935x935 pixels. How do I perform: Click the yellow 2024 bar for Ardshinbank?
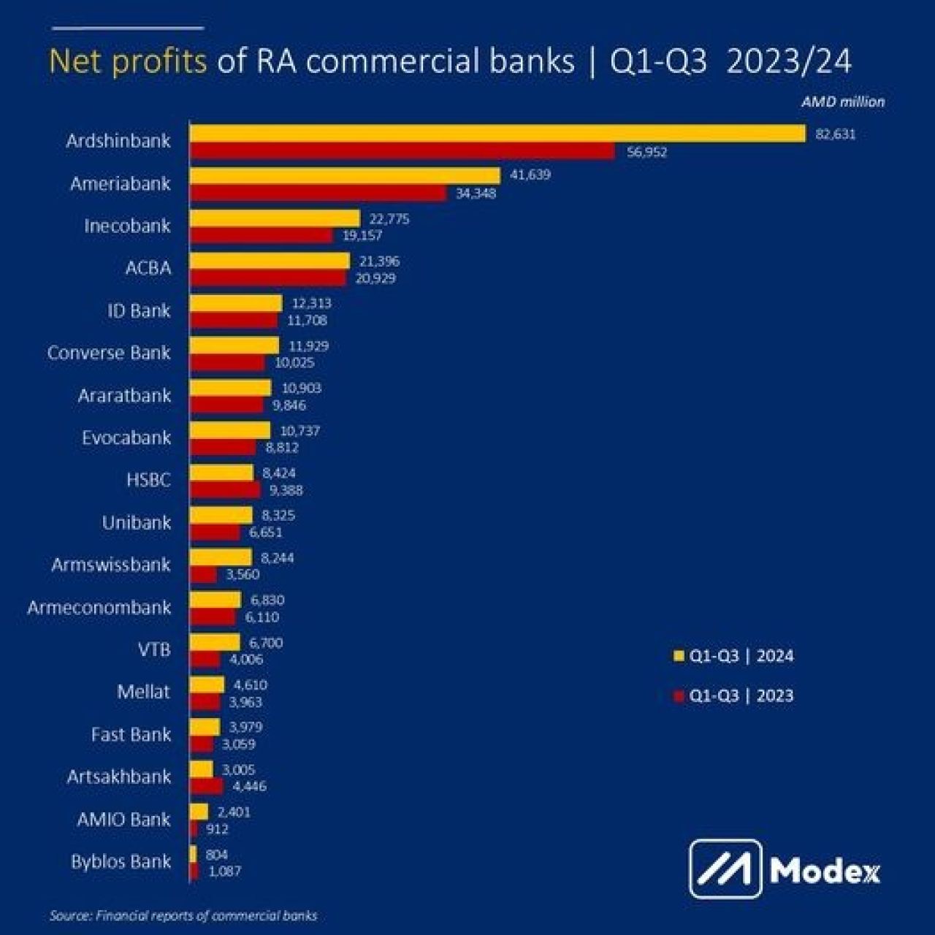(x=497, y=134)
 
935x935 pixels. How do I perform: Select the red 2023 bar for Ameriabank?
(x=318, y=194)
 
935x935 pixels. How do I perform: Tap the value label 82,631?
(x=835, y=134)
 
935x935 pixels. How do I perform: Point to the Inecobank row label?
(x=127, y=226)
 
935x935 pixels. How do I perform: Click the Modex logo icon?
(x=725, y=869)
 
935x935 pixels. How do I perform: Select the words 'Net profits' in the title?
(x=128, y=62)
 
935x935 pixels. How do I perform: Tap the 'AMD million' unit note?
(x=842, y=102)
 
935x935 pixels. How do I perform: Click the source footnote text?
(x=183, y=915)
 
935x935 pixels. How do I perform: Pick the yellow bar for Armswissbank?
(x=221, y=558)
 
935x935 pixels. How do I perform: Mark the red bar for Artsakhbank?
(x=207, y=787)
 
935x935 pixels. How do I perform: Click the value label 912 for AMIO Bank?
(x=217, y=829)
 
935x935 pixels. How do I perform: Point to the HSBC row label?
(x=148, y=480)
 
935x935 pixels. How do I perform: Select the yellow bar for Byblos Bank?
(x=194, y=854)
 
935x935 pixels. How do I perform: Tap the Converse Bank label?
(x=109, y=353)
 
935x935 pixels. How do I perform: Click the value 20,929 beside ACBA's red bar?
(x=375, y=278)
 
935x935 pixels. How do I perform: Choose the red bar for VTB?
(x=205, y=660)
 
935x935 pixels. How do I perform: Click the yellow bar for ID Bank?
(x=236, y=303)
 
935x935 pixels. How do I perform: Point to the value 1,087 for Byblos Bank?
(x=224, y=871)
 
